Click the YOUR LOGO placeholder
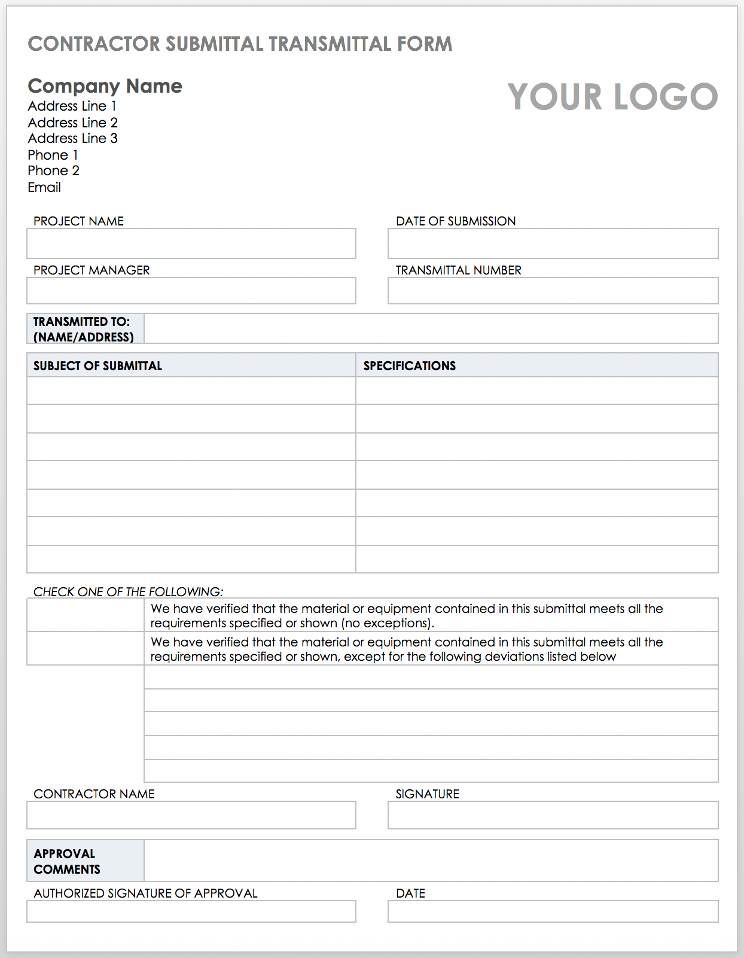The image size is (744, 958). click(612, 97)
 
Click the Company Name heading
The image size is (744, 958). click(105, 86)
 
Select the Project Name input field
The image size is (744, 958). click(191, 243)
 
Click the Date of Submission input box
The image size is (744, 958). click(553, 243)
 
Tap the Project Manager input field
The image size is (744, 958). click(191, 291)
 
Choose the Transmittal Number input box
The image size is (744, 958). click(553, 291)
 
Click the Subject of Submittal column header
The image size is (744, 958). click(97, 366)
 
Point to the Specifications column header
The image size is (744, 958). click(410, 366)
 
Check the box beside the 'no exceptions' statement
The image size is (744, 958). click(86, 615)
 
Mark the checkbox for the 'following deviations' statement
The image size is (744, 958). click(86, 648)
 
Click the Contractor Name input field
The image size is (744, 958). click(191, 815)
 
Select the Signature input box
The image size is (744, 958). click(553, 815)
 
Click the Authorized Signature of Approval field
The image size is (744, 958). click(191, 911)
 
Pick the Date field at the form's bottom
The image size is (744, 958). click(553, 911)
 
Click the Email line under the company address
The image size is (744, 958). click(44, 188)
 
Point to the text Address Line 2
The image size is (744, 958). click(73, 123)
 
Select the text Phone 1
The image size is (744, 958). click(53, 155)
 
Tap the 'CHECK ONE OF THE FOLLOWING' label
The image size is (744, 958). click(128, 592)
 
